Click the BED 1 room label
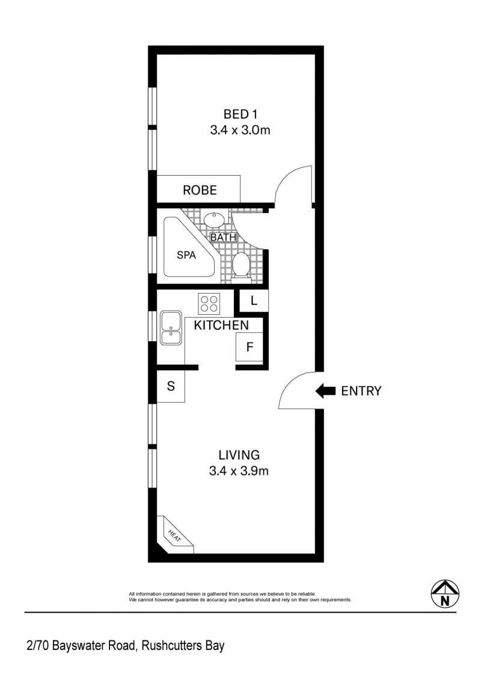tap(240, 114)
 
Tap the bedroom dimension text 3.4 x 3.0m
tap(240, 130)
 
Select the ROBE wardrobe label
tap(200, 190)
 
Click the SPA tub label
tap(186, 255)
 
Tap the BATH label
tap(223, 238)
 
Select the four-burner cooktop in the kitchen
tap(209, 303)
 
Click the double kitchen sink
tap(171, 328)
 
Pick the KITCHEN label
tap(221, 325)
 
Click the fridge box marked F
tap(249, 347)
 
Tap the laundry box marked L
tap(254, 300)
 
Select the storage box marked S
tap(171, 386)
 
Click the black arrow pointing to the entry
tap(325, 391)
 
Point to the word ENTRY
tap(361, 391)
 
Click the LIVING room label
tap(239, 455)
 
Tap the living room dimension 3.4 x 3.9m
tap(239, 471)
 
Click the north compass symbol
tap(444, 594)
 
